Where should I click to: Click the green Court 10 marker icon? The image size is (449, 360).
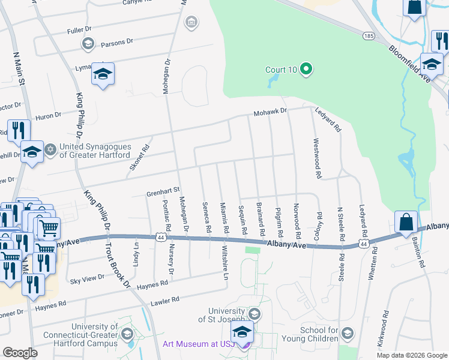pos(306,70)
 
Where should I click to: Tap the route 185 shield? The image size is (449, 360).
pos(369,37)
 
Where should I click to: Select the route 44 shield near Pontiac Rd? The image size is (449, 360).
pos(160,238)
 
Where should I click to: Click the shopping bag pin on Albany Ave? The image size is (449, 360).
pos(406,221)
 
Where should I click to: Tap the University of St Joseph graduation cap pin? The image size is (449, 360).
pos(243,331)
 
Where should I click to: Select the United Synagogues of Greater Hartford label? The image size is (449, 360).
pos(95,151)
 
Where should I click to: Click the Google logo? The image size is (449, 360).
pos(20,353)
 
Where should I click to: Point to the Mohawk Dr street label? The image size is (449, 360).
pos(270,112)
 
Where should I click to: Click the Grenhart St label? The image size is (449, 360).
pos(163,191)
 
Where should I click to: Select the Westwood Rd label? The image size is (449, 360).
pos(316,159)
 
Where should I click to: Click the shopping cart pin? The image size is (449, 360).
pos(49,228)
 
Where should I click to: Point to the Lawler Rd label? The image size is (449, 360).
pos(165,300)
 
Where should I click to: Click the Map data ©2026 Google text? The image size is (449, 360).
pos(411,355)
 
